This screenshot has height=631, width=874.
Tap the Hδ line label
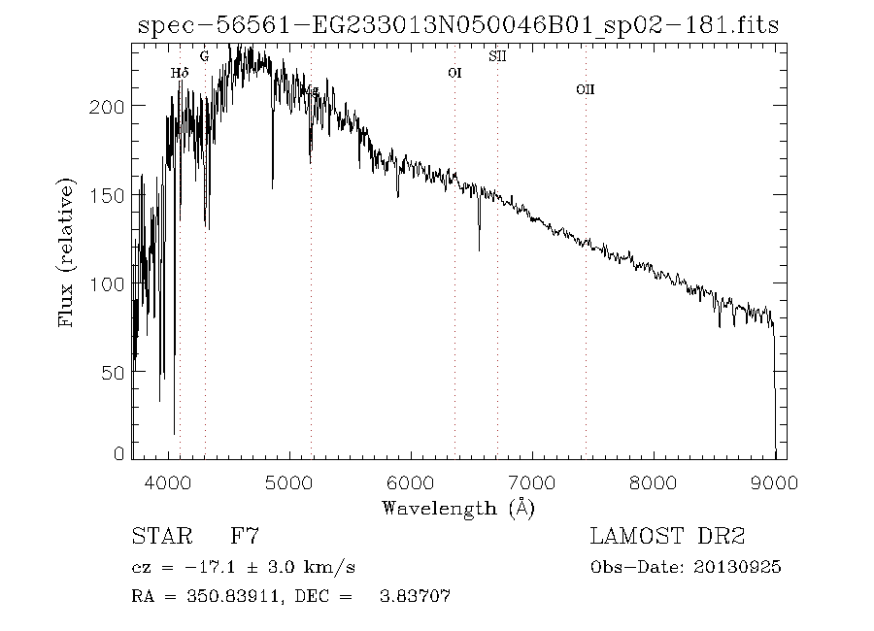[x=179, y=73]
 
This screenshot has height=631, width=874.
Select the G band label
[x=204, y=56]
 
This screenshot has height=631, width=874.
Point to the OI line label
[x=454, y=73]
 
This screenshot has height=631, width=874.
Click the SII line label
[x=497, y=56]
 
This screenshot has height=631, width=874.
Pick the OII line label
[x=585, y=89]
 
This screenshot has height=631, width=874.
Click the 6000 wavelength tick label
[x=411, y=481]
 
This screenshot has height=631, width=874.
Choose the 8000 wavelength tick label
[x=654, y=481]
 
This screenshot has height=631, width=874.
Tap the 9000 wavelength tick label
[x=774, y=481]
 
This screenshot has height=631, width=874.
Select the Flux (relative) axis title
[x=67, y=252]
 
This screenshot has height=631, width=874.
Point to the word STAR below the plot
[x=158, y=537]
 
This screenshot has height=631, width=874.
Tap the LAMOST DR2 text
[x=667, y=537]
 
